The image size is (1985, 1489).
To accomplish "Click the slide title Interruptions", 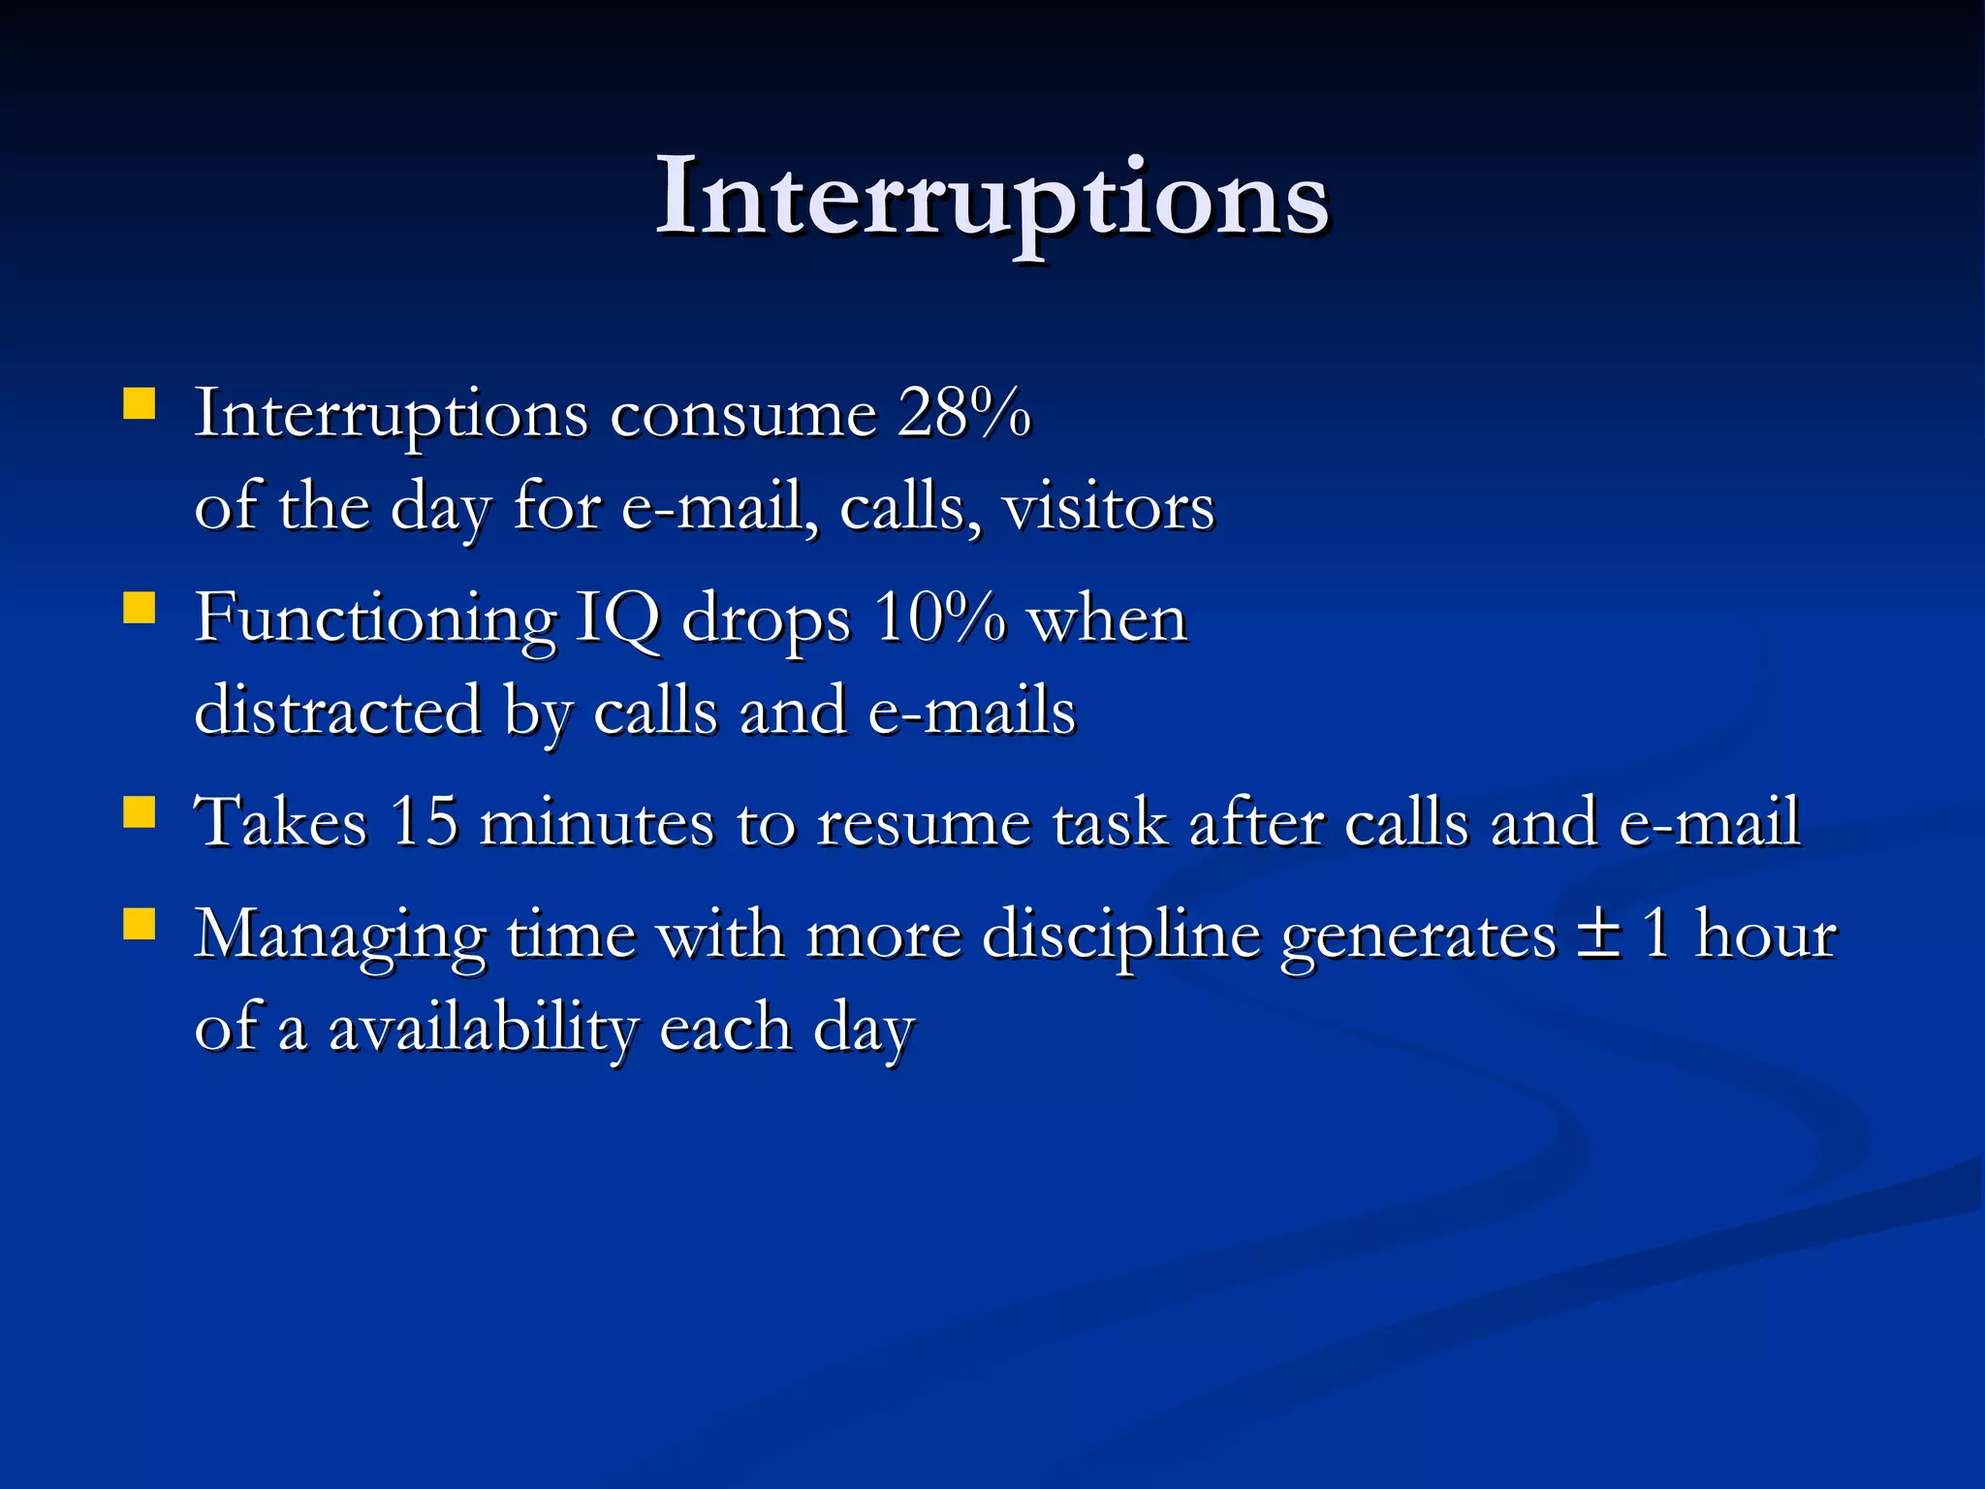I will (x=992, y=199).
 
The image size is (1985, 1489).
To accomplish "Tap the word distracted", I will (x=338, y=711).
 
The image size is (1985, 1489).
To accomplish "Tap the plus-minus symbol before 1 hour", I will (x=1598, y=936).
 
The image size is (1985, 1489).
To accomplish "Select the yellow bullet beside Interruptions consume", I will (x=140, y=403).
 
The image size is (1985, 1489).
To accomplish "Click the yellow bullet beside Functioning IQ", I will (x=140, y=608).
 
